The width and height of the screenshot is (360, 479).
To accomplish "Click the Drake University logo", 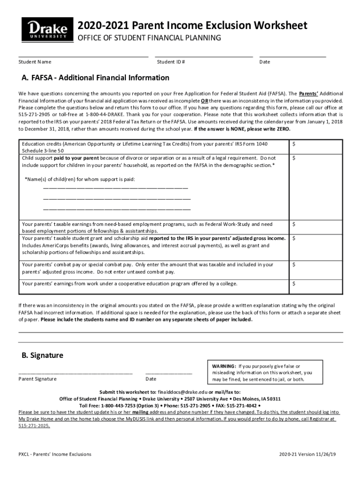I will pyautogui.click(x=47, y=29).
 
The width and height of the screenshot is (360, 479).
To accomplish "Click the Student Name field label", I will pyautogui.click(x=35, y=62).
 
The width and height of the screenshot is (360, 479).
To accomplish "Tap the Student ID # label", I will pyautogui.click(x=171, y=62).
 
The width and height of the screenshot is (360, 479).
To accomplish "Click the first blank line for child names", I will pyautogui.click(x=115, y=188).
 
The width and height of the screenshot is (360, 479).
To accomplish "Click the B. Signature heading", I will pyautogui.click(x=43, y=355).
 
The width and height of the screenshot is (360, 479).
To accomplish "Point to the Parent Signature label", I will pyautogui.click(x=37, y=379).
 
